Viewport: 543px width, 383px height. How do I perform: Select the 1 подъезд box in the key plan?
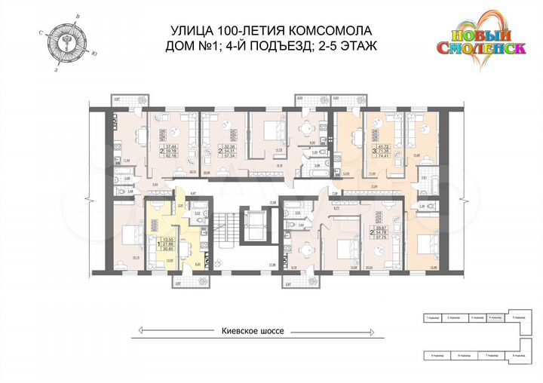point(431,319)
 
